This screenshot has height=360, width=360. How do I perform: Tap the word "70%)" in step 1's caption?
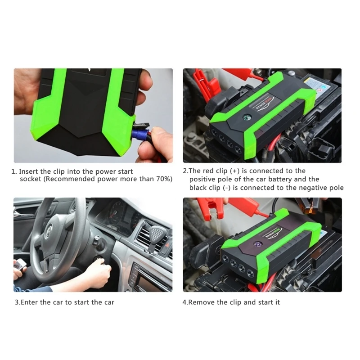(x=163, y=179)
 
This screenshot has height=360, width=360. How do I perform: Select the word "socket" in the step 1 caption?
(x=31, y=179)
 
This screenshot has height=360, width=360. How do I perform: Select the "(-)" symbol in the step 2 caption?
(x=228, y=188)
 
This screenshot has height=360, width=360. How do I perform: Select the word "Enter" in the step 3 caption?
(x=29, y=302)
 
